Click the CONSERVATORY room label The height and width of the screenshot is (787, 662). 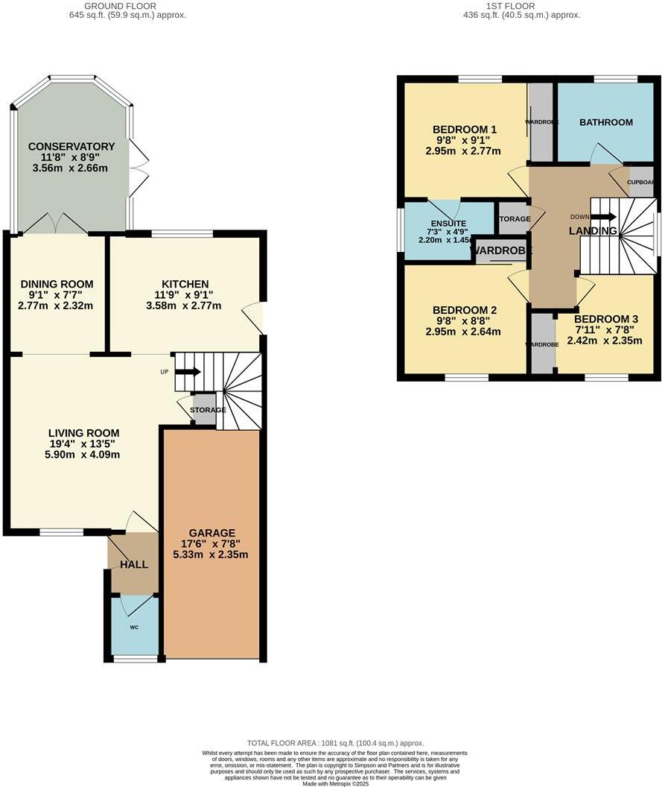pyautogui.click(x=71, y=146)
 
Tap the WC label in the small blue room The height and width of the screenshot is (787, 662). pyautogui.click(x=135, y=628)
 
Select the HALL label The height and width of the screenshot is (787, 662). pyautogui.click(x=134, y=564)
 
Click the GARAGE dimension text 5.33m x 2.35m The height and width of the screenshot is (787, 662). pyautogui.click(x=211, y=554)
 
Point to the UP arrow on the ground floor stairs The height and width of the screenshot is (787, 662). pyautogui.click(x=188, y=371)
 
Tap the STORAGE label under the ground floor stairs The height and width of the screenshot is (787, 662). pyautogui.click(x=209, y=410)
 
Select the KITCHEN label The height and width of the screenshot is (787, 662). pyautogui.click(x=185, y=284)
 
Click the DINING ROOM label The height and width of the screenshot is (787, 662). pyautogui.click(x=57, y=284)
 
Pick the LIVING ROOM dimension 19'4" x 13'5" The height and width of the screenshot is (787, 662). pyautogui.click(x=84, y=444)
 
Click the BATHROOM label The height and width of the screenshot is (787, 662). pyautogui.click(x=606, y=122)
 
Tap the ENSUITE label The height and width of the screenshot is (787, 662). pyautogui.click(x=448, y=224)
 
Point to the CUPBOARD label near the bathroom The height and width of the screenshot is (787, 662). pyautogui.click(x=640, y=182)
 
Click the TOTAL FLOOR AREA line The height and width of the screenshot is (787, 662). pyautogui.click(x=335, y=743)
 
